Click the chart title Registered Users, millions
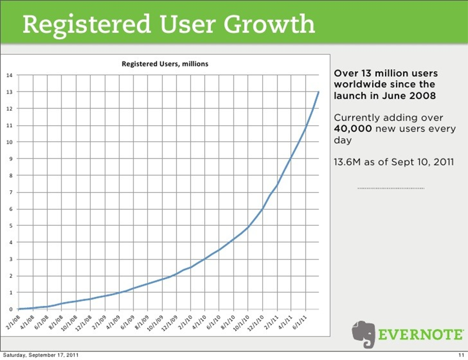pos(165,64)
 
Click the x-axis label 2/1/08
pos(12,321)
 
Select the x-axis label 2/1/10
pos(184,321)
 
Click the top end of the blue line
pos(319,92)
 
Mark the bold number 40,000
pos(351,128)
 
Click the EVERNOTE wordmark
pos(421,334)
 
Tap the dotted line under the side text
pos(391,188)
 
